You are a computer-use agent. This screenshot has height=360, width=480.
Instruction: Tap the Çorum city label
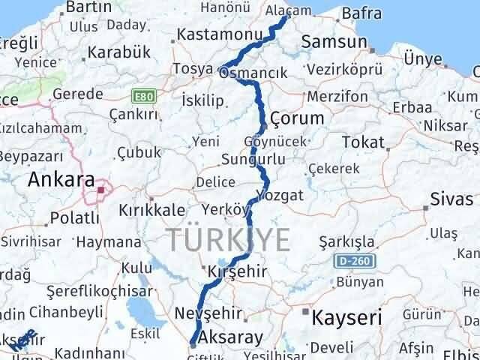[x=297, y=118]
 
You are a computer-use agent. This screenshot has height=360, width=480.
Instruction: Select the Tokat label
[x=363, y=142]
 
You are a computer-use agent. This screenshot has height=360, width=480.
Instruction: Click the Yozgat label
[x=280, y=195]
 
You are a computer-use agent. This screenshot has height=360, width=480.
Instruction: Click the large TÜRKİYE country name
[x=228, y=240]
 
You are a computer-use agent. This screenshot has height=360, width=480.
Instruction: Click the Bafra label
[x=361, y=13]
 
